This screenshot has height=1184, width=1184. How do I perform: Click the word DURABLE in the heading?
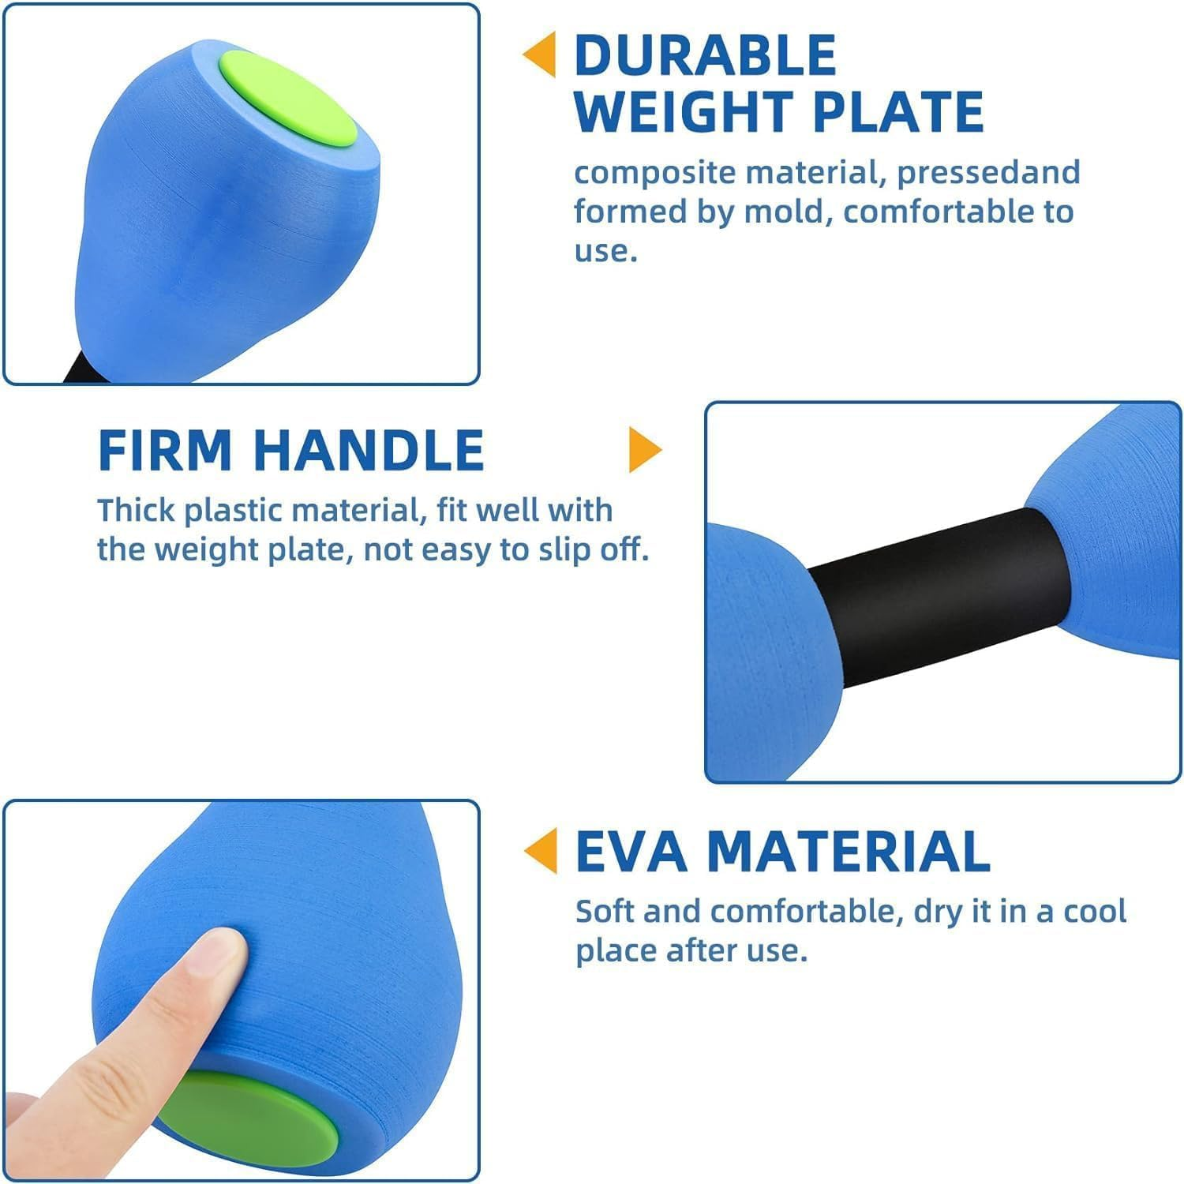705,55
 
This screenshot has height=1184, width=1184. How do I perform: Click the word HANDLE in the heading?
369,451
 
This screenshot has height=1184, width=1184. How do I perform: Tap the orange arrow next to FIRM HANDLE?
645,450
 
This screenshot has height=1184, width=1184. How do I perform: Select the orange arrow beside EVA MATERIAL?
541,850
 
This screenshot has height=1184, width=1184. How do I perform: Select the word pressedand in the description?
988,173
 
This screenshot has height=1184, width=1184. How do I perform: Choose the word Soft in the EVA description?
605,912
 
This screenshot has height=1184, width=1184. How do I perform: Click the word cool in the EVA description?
1094,912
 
